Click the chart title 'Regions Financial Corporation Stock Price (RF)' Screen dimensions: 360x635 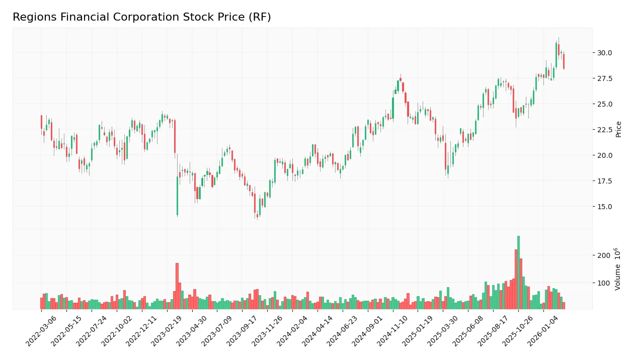point(141,17)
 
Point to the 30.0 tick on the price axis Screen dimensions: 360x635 point(604,53)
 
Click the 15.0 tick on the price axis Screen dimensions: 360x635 point(604,207)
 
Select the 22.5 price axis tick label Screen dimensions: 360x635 point(604,130)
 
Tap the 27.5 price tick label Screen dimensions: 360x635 point(604,78)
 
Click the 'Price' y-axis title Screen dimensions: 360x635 point(618,129)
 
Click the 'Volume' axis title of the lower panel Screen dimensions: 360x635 point(617,269)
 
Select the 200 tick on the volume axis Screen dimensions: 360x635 point(603,255)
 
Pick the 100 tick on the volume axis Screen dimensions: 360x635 point(603,283)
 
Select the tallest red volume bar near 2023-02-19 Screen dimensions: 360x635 point(177,286)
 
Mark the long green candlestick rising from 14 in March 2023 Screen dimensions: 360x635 point(178,196)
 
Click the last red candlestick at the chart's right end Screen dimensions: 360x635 point(564,61)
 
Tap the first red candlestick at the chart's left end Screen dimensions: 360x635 point(41,122)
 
